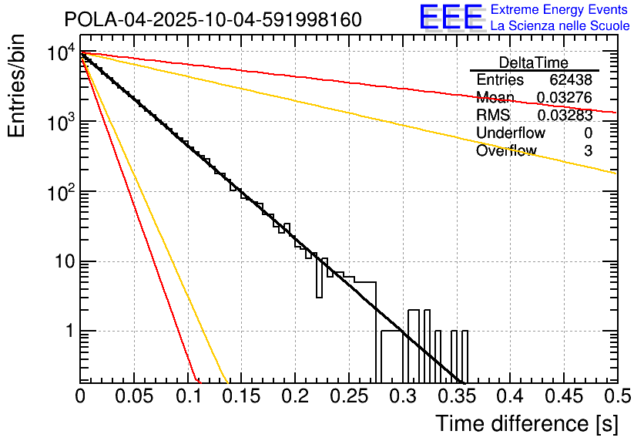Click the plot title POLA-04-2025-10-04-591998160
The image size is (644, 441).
tap(212, 19)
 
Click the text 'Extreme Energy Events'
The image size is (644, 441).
tap(560, 10)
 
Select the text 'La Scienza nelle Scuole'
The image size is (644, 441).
tap(560, 25)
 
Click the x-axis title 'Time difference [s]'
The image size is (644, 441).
tap(526, 423)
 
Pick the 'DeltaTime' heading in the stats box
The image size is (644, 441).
tap(533, 62)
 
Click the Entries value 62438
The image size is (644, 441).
tap(571, 80)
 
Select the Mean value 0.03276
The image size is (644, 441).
tap(565, 98)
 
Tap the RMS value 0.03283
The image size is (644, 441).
tap(565, 116)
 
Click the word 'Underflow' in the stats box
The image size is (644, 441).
tap(510, 133)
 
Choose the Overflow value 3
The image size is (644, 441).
tap(588, 151)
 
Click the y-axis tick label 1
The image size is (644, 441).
tap(68, 332)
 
